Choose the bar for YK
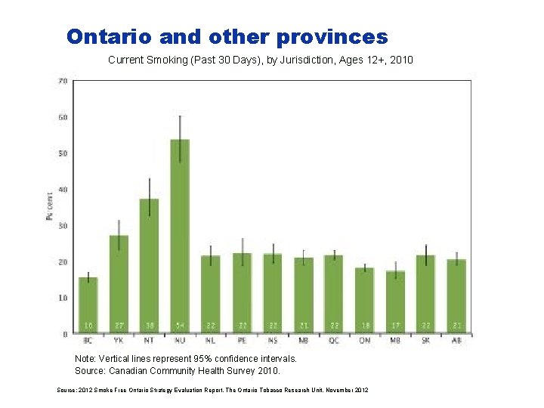[119, 284]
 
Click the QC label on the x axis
[333, 341]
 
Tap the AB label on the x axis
[456, 341]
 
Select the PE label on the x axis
[241, 341]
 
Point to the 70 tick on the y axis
[63, 81]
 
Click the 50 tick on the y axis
[63, 153]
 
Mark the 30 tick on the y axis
[63, 226]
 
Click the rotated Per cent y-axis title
[49, 206]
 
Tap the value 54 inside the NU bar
[180, 326]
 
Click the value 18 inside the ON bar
[364, 326]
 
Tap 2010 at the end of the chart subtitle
[401, 59]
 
